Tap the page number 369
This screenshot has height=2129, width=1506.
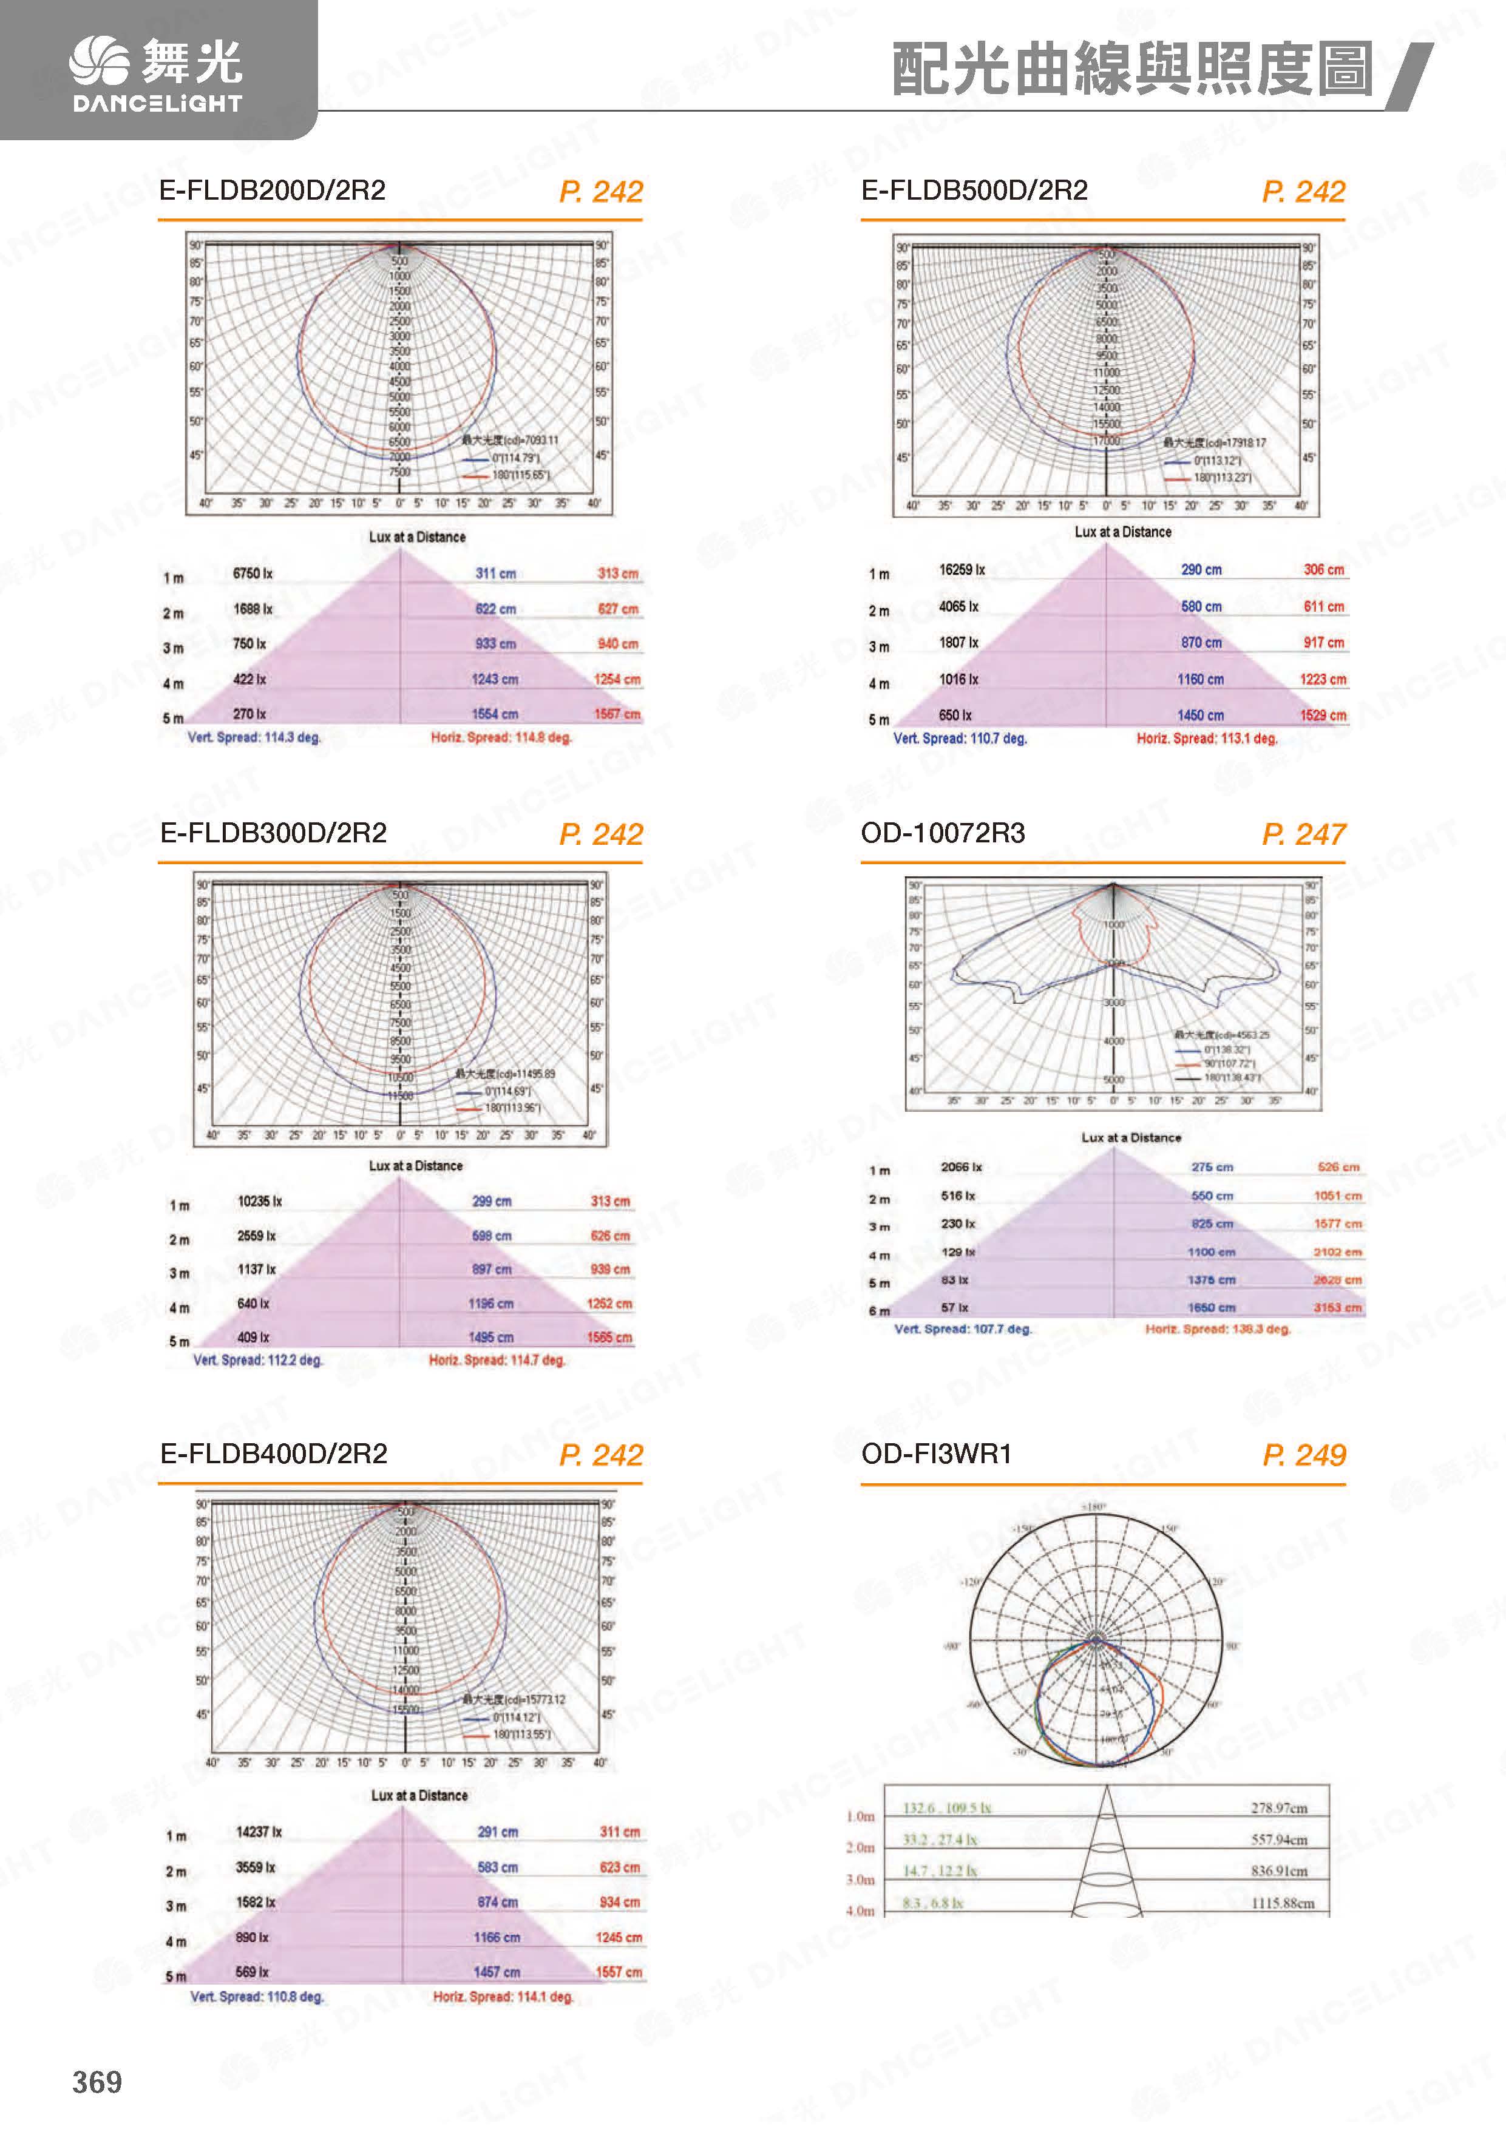point(97,2082)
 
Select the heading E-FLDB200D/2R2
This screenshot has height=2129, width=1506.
point(272,190)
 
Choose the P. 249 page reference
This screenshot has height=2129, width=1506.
point(1303,1455)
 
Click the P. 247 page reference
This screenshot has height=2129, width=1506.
point(1303,834)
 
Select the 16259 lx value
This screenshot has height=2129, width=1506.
point(962,569)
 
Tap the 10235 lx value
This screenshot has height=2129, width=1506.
point(260,1201)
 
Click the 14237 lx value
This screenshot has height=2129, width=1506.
point(259,1832)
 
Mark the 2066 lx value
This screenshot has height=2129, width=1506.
point(961,1166)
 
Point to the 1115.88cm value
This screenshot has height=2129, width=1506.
point(1283,1903)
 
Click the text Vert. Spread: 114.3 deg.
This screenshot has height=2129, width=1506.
point(254,737)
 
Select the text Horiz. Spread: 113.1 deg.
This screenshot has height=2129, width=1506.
point(1207,738)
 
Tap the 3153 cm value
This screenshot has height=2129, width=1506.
point(1337,1307)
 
